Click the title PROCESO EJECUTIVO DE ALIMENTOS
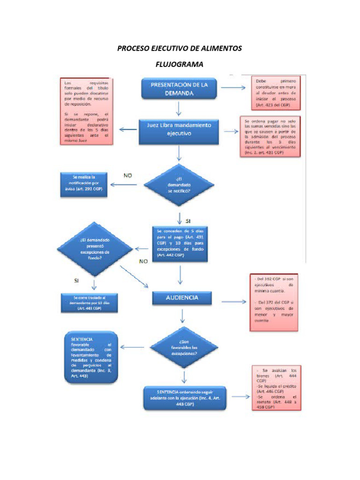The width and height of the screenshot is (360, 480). tap(180, 48)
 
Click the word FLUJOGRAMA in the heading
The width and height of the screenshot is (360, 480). tap(180, 64)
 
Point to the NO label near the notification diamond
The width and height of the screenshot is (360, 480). tap(127, 176)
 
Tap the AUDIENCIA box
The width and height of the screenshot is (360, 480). tap(182, 298)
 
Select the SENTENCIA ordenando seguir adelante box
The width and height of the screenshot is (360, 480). tap(185, 398)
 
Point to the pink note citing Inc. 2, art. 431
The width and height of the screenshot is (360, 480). tap(270, 136)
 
